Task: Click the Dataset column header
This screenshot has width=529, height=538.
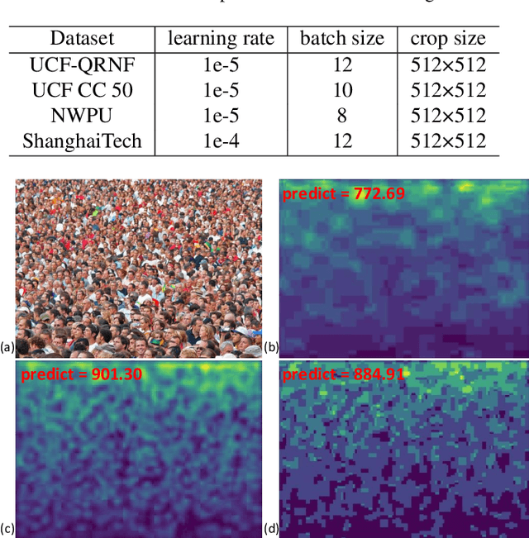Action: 81,38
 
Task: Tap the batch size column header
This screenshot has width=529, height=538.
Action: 341,38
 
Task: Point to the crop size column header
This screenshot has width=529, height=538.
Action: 448,38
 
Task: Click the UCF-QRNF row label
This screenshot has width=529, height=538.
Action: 81,64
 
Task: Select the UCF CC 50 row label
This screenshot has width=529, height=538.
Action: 81,90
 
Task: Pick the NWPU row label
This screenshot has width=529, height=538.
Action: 81,116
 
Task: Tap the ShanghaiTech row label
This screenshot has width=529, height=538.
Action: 81,141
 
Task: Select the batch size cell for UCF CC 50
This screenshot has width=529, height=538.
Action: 341,90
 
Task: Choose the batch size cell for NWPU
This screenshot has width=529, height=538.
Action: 341,116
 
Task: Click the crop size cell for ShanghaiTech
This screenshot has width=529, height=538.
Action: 448,141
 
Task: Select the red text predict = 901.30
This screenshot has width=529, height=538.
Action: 82,374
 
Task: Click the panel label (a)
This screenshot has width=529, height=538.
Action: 7,347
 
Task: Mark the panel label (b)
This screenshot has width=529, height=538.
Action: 271,347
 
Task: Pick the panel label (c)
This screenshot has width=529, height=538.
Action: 7,528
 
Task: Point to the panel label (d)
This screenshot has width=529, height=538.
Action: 271,528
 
